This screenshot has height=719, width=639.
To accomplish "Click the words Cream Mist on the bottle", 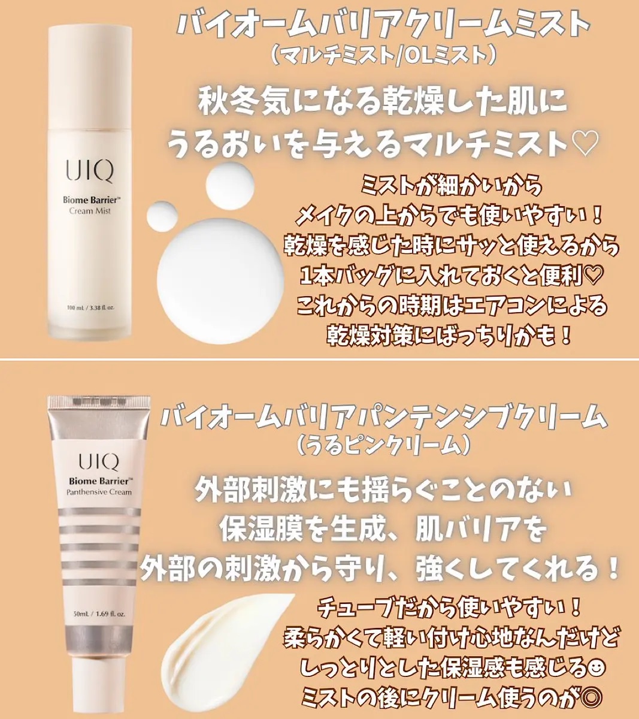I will coord(90,211).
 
